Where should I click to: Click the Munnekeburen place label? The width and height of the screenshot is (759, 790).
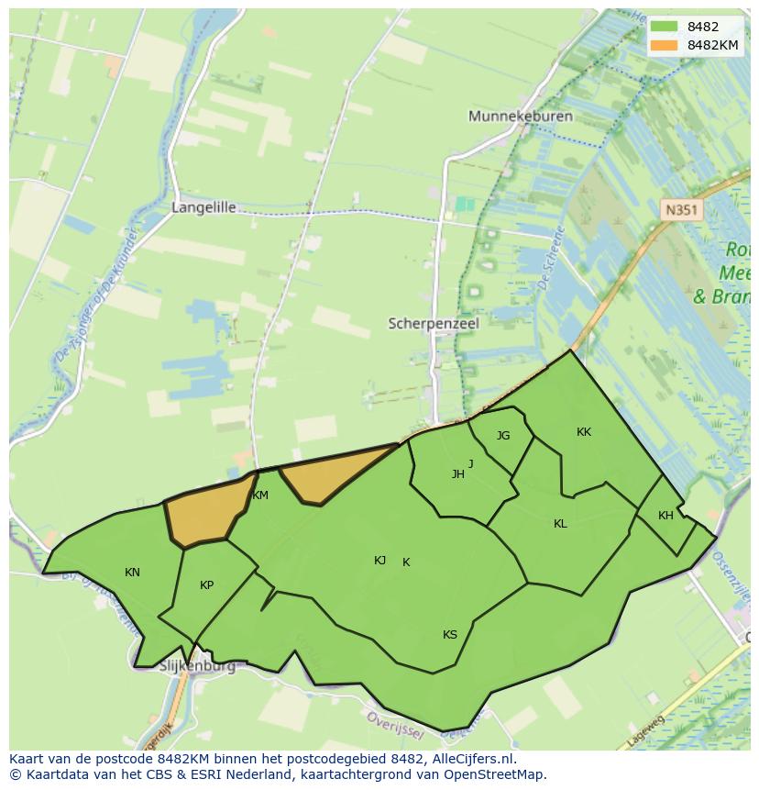[x=520, y=117]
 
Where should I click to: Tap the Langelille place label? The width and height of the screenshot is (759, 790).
[x=203, y=207]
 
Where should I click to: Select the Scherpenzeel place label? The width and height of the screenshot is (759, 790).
[x=434, y=324]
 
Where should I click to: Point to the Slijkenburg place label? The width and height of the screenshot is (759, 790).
[x=196, y=666]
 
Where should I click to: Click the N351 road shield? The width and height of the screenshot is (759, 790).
[x=681, y=210]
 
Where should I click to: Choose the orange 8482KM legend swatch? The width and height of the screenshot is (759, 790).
[x=665, y=44]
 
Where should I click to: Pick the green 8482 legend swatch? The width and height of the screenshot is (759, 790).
[x=665, y=27]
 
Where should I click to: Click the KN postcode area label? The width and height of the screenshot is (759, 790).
[x=132, y=573]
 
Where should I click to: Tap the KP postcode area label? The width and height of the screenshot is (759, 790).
[x=206, y=585]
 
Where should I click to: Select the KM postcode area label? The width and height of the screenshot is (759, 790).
[x=260, y=495]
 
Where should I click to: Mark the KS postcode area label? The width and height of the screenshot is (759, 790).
[x=449, y=635]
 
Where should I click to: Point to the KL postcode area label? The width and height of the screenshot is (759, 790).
[x=560, y=524]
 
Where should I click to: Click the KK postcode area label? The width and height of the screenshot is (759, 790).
[x=584, y=432]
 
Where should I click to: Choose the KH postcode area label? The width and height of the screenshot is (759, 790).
[x=665, y=516]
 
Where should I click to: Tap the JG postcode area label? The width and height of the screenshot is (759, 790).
[x=503, y=436]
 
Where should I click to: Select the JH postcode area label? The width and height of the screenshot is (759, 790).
[x=457, y=474]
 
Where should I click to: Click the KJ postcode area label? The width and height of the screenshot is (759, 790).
[x=379, y=561]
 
